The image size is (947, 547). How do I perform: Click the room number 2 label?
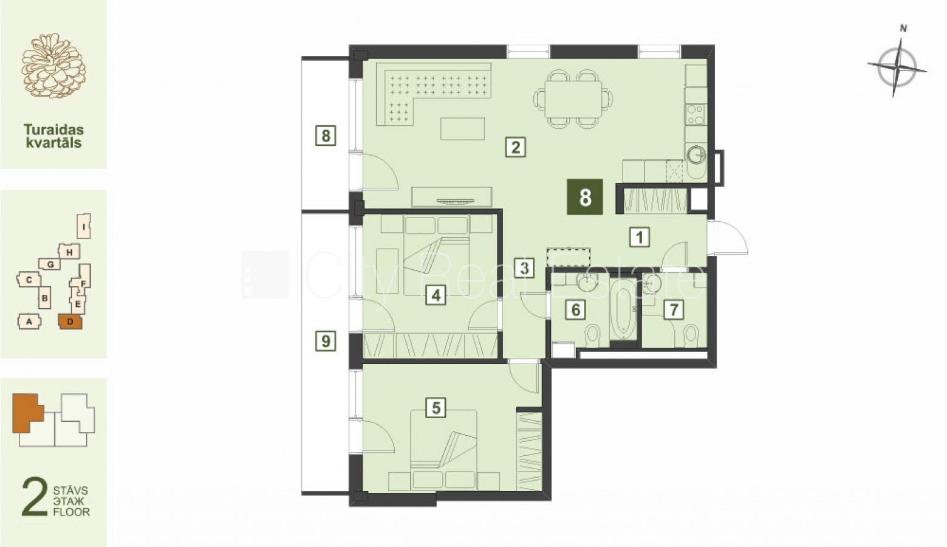[515, 147]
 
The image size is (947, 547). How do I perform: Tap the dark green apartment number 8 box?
[585, 197]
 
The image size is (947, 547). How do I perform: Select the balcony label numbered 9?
[326, 341]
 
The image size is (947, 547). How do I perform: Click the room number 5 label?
[436, 408]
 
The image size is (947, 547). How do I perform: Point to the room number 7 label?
[674, 310]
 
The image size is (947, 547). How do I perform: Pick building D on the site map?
[70, 322]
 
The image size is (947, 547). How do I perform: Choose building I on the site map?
[84, 226]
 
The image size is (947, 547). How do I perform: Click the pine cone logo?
[53, 66]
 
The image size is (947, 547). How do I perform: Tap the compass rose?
[897, 67]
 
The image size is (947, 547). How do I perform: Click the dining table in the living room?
[573, 99]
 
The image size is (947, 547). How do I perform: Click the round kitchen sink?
[696, 155]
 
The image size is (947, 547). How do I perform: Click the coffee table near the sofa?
[462, 129]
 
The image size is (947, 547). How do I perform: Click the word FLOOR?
[72, 512]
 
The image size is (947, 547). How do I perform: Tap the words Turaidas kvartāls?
[53, 136]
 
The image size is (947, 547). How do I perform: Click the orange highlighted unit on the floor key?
[27, 413]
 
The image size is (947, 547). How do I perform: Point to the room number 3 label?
[524, 268]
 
